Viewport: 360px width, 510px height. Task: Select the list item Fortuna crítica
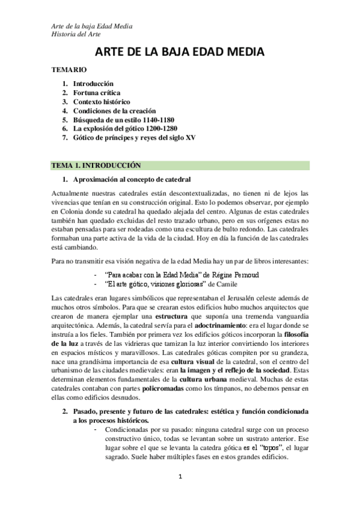(97, 93)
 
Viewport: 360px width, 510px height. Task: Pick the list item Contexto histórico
(102, 102)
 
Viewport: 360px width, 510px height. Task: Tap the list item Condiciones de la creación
(114, 111)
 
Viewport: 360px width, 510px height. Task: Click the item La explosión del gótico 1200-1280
(125, 129)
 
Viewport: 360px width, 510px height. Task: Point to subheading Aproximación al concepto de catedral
(132, 180)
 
